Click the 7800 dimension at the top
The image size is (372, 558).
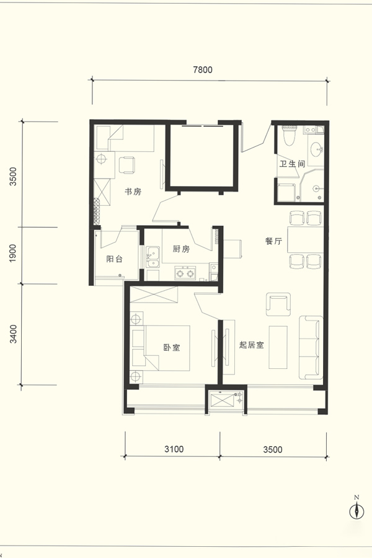pos(203,69)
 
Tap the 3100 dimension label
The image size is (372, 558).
pos(174,449)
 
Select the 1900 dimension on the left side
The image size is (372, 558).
pos(12,253)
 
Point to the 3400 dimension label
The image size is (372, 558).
pos(13,334)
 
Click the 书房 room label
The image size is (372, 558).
pos(133,192)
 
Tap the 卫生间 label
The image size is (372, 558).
pos(292,164)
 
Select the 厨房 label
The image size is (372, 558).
pos(181,249)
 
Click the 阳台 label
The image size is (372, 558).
pos(114,259)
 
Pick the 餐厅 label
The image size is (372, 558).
pos(273,241)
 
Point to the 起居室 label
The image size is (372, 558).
pos(251,345)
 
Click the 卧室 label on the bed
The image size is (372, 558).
pos(172,347)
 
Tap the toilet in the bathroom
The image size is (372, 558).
pos(289,135)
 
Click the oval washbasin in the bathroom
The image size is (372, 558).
pos(316,149)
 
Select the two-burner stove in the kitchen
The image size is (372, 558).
pos(185,273)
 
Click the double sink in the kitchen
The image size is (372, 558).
pos(153,257)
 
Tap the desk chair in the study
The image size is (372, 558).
pos(126,165)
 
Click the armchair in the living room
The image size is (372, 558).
pos(278,304)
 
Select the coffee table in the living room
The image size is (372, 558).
pos(278,347)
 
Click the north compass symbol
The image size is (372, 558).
pos(356,510)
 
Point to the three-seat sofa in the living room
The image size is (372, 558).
pos(311,347)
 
